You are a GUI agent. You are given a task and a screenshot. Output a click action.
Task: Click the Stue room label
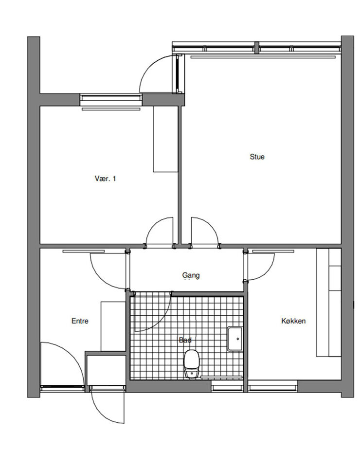click(257, 157)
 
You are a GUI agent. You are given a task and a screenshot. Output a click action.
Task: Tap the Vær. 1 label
click(106, 179)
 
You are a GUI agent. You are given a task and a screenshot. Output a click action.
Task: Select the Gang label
click(191, 275)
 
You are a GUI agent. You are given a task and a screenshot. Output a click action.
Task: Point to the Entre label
click(80, 321)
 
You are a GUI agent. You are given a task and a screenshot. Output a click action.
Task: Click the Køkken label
click(293, 321)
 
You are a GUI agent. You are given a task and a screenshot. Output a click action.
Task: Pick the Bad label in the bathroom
click(185, 340)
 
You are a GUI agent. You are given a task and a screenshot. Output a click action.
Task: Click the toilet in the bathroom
click(192, 363)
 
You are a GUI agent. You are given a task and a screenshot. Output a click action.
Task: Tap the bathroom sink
click(235, 339)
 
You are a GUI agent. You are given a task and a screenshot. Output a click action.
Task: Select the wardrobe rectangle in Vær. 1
click(165, 139)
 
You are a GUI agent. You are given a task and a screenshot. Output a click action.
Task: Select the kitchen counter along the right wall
click(329, 303)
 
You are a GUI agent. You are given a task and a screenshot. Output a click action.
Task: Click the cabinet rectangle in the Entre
click(113, 326)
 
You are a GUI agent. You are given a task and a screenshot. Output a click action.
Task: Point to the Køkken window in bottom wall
click(273, 386)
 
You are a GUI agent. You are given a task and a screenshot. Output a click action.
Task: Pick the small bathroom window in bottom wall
click(227, 386)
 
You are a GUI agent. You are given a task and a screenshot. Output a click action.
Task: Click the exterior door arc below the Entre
click(101, 413)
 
